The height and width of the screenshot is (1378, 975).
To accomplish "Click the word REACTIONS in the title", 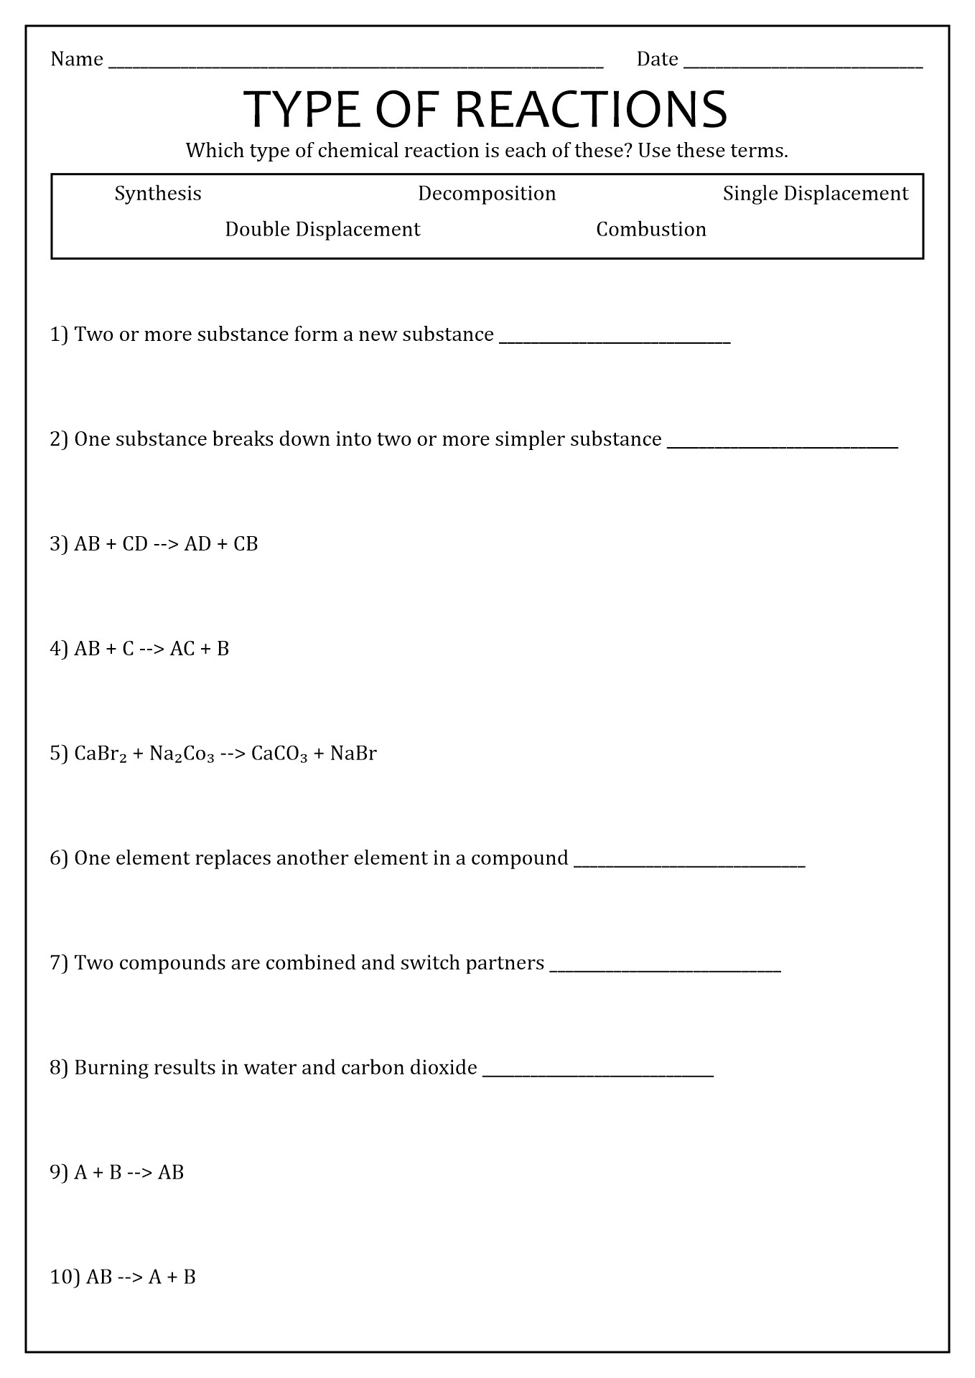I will pos(591,110).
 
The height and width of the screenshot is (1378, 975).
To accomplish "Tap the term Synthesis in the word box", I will pos(158,194).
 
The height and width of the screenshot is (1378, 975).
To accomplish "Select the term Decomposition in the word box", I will pos(487,194).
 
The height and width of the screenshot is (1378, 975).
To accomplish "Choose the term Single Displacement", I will pos(815,194).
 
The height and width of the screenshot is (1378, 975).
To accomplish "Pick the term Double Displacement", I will pos(322,230).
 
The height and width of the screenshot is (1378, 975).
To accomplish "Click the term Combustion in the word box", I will pos(651,230).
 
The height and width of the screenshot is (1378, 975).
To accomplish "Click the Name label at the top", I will pos(77,60).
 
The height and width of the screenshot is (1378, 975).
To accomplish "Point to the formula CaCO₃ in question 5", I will pos(279,754).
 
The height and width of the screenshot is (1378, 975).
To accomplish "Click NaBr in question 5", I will pos(353,754).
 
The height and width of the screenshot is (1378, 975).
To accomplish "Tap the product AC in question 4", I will pos(182,650).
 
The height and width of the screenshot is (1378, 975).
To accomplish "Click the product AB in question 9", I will pos(171,1173).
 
